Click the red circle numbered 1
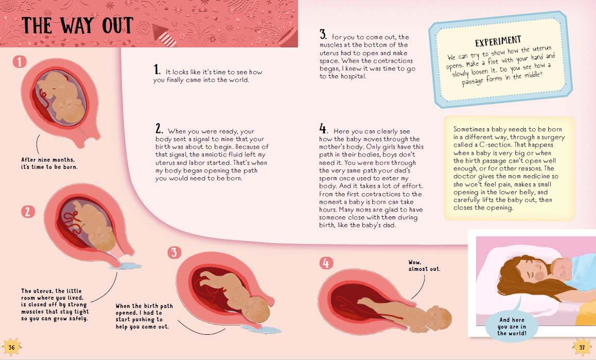pyautogui.click(x=20, y=63)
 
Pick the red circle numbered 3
pyautogui.click(x=174, y=252)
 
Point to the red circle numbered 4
pyautogui.click(x=325, y=264)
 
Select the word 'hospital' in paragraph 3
pyautogui.click(x=353, y=76)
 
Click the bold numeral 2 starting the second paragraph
pyautogui.click(x=159, y=128)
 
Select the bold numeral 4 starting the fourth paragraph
pyautogui.click(x=323, y=128)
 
